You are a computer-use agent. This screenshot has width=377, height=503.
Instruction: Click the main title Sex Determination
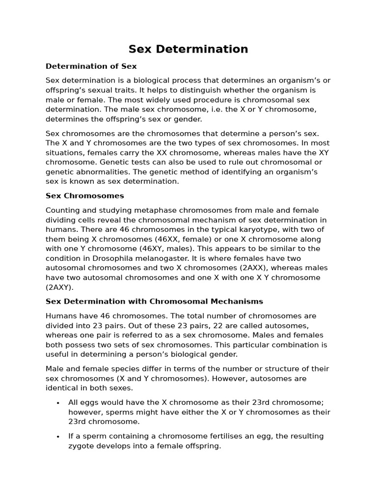[x=188, y=49]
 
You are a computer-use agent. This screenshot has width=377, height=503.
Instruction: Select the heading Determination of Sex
[x=91, y=66]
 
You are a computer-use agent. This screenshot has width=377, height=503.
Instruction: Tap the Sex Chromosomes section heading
[x=84, y=196]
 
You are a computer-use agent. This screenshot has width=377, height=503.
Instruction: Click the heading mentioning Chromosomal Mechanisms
[x=154, y=301]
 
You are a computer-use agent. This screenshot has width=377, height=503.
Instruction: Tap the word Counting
[x=62, y=210]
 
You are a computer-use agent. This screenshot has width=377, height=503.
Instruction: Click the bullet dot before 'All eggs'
[x=57, y=403]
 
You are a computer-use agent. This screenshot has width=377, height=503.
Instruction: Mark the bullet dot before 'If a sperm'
[x=57, y=437]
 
